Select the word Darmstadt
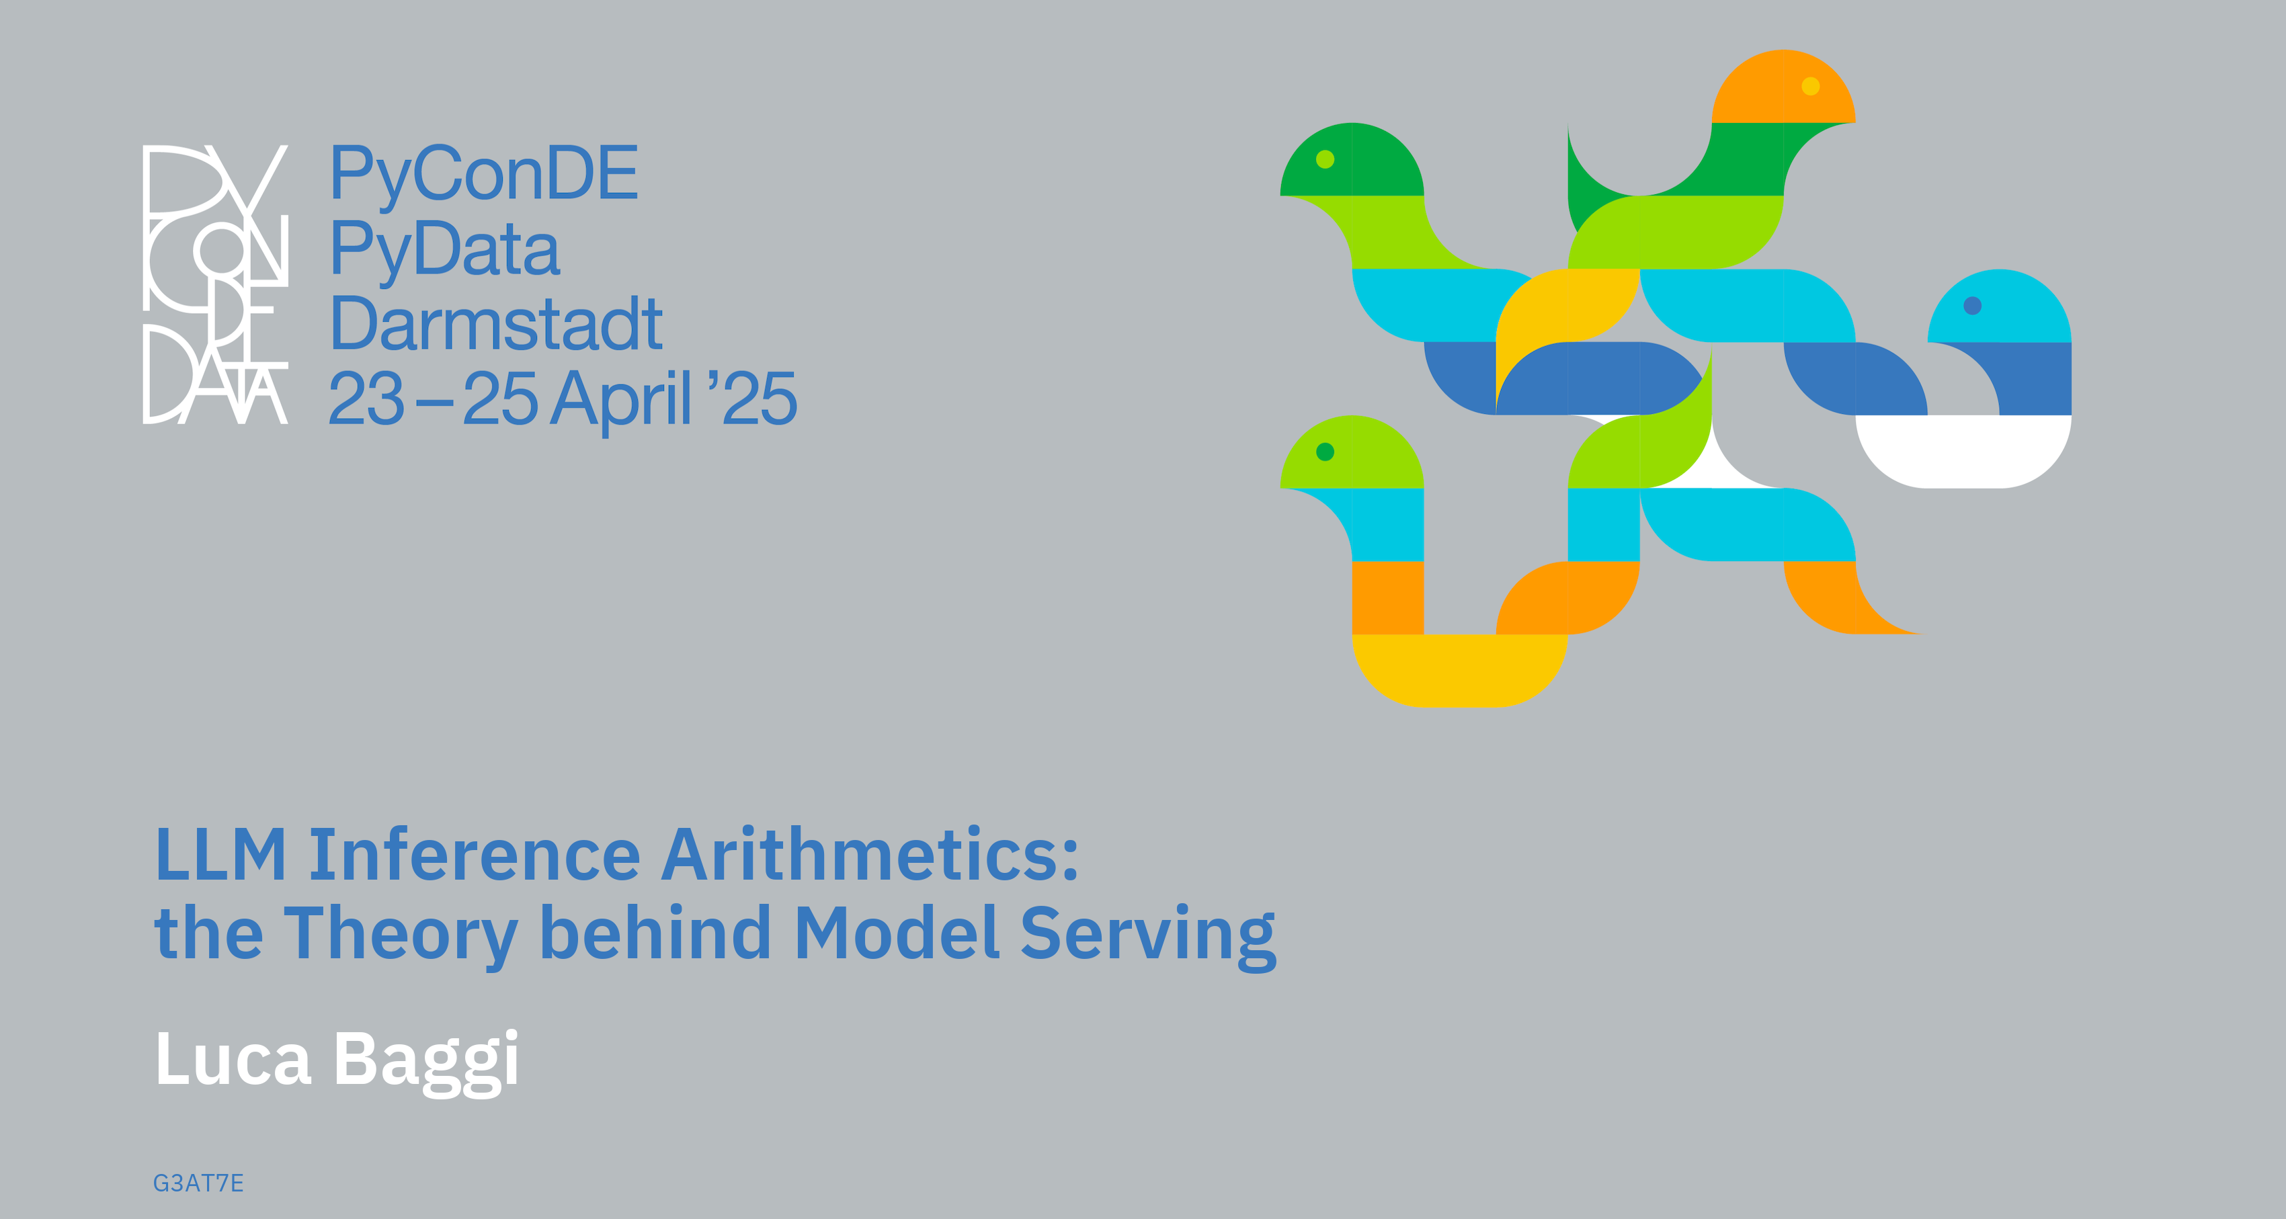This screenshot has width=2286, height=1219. pos(496,324)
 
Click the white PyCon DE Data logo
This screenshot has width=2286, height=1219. pos(216,284)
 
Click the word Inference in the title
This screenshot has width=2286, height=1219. pos(474,854)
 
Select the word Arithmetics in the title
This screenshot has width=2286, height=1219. pos(870,853)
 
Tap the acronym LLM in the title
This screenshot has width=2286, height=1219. pos(221,854)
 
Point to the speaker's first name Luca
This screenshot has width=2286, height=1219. pos(233,1058)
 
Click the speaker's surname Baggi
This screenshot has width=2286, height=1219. pos(426,1062)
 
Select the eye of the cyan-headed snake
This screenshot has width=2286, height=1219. pos(1973,306)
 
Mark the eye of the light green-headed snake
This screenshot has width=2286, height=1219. pos(1325,452)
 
